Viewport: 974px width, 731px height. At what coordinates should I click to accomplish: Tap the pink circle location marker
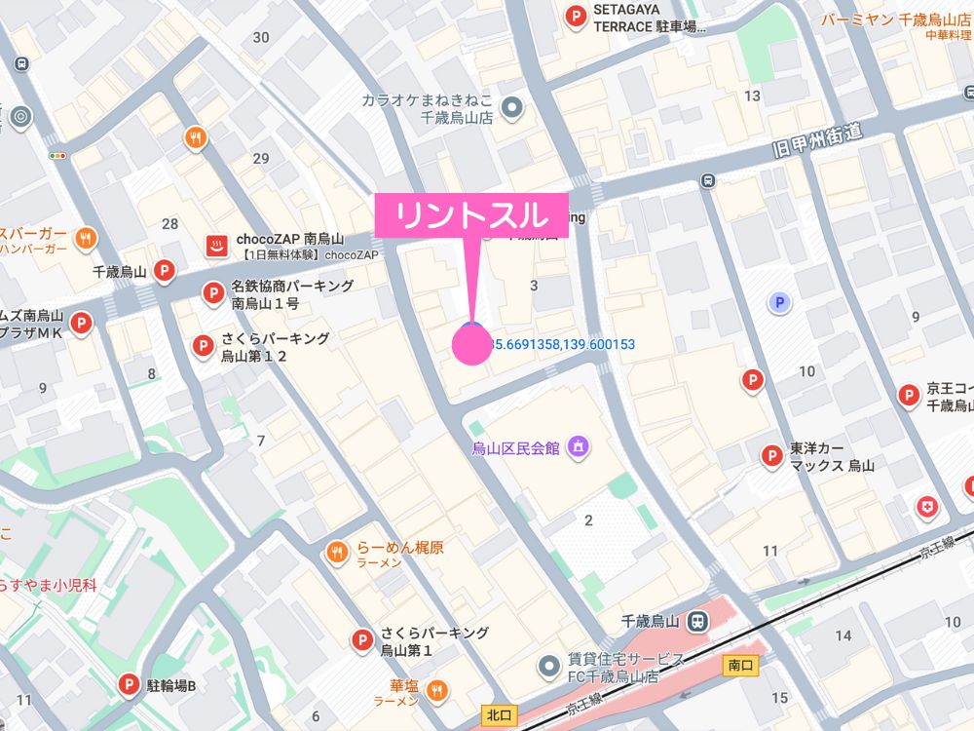click(472, 345)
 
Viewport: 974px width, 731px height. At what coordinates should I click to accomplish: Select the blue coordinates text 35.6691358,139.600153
click(561, 344)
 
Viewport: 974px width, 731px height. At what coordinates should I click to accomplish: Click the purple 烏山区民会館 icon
click(578, 446)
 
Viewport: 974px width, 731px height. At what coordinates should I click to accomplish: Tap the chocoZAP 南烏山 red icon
click(215, 246)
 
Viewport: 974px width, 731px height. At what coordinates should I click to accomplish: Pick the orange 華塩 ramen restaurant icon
click(437, 691)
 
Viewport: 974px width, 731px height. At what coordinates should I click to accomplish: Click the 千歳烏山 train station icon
click(697, 621)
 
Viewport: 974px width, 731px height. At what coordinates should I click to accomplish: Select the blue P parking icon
click(778, 304)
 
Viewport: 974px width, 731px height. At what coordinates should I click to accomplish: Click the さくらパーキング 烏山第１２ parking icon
click(203, 345)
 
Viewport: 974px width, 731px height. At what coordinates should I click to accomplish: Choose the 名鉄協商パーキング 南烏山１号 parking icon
click(212, 292)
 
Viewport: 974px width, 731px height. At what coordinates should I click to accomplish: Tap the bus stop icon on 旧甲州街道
click(708, 179)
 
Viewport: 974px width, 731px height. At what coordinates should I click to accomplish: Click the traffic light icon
click(59, 154)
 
